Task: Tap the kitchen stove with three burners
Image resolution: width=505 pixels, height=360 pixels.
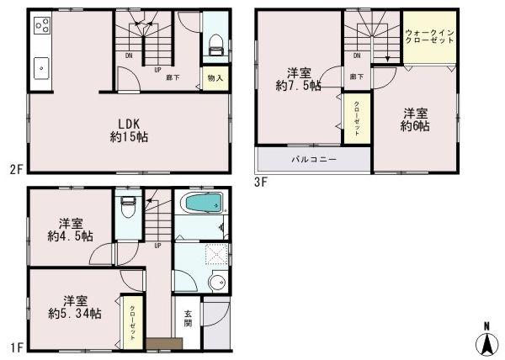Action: tap(42, 27)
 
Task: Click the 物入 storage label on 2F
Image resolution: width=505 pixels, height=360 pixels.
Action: tap(214, 78)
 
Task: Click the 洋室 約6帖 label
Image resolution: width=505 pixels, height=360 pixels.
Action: tap(415, 119)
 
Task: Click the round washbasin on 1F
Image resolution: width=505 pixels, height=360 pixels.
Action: tap(216, 282)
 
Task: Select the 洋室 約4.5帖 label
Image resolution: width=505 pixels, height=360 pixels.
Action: tap(71, 229)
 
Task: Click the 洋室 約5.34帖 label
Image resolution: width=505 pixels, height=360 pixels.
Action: tap(74, 306)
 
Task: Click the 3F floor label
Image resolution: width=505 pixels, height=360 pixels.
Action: tap(261, 179)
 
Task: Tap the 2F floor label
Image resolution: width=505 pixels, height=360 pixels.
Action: tap(14, 169)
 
